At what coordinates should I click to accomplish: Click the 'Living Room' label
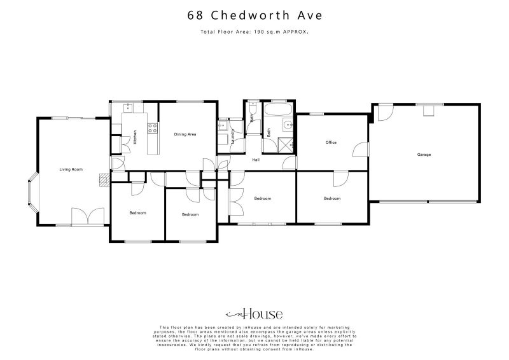pyautogui.click(x=71, y=169)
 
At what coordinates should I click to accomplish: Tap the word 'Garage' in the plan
pyautogui.click(x=424, y=155)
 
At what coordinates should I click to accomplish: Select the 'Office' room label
pyautogui.click(x=331, y=142)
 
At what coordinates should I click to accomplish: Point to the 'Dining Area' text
pyautogui.click(x=185, y=134)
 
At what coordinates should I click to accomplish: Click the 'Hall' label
pyautogui.click(x=256, y=160)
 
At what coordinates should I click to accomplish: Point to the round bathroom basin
pyautogui.click(x=287, y=124)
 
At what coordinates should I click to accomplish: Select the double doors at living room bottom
pyautogui.click(x=87, y=218)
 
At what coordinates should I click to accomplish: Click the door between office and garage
pyautogui.click(x=363, y=149)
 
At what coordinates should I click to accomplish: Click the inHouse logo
pyautogui.click(x=254, y=314)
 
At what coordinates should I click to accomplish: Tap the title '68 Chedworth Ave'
pyautogui.click(x=254, y=15)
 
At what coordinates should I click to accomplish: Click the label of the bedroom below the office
pyautogui.click(x=331, y=198)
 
